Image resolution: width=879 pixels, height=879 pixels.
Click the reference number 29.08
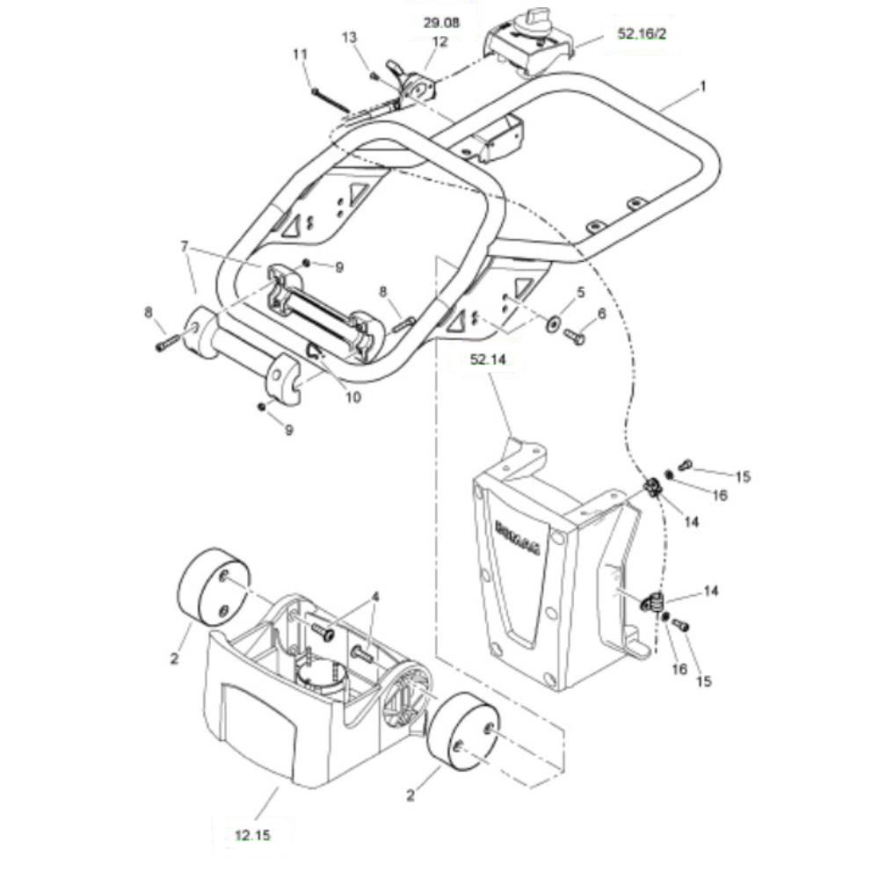coord(441,23)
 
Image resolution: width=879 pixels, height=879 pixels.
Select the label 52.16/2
coord(642,33)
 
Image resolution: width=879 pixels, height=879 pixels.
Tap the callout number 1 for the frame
coord(703,86)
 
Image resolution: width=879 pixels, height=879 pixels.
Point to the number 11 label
coord(301,54)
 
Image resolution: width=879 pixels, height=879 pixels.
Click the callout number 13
coord(349,38)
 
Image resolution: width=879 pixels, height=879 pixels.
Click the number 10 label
coord(352,397)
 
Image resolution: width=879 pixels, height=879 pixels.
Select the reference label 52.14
coord(488,360)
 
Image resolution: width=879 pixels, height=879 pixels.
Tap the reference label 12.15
coord(252,835)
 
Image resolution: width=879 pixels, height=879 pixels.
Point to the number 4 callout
coord(375,597)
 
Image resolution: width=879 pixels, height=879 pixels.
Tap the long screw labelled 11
coord(331,100)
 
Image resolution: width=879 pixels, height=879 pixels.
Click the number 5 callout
coord(581,292)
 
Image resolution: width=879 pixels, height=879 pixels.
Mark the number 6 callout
coord(601,314)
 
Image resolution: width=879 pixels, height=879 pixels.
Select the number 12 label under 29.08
coord(440,41)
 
